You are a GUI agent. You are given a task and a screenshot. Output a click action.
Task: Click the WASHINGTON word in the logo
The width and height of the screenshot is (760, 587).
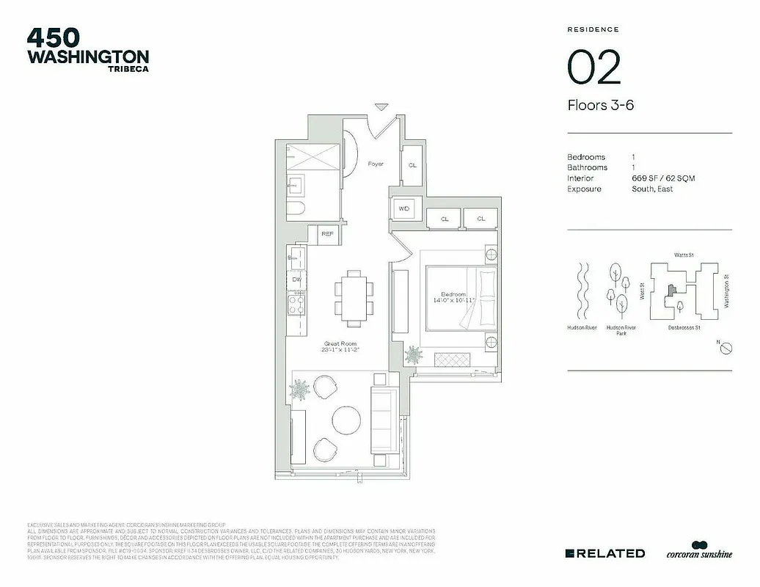88,56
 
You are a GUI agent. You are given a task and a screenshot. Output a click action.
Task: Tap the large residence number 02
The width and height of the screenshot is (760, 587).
594,68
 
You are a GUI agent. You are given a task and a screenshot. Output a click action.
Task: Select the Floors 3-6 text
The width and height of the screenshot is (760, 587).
600,105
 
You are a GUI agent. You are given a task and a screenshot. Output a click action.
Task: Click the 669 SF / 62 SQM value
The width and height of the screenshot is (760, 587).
662,178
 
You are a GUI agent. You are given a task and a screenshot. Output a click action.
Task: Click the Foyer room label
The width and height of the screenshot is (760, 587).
376,164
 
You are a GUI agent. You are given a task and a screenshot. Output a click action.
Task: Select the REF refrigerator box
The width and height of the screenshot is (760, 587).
327,235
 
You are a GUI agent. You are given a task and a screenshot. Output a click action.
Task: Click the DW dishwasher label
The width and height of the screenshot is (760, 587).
297,280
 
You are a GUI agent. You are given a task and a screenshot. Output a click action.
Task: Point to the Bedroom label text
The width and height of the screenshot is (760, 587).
453,293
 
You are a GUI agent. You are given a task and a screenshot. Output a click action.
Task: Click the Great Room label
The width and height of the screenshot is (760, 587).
340,343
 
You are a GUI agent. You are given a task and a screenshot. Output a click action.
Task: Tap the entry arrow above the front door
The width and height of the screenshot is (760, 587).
381,107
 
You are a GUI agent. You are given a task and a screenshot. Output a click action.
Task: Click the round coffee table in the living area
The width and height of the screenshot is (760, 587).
346,420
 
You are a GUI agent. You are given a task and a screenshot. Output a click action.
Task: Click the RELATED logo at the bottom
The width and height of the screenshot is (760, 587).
605,553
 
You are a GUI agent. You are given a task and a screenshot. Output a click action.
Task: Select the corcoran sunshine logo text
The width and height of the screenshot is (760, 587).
698,554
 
